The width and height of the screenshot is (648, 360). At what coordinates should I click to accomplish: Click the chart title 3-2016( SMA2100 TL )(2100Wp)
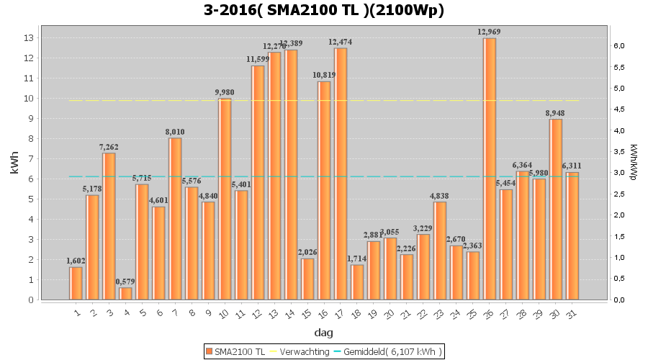click(324, 10)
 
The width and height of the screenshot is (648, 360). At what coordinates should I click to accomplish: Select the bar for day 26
click(490, 169)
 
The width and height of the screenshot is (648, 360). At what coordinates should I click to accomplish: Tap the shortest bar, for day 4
click(125, 294)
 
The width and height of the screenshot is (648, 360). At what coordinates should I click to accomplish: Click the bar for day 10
click(225, 199)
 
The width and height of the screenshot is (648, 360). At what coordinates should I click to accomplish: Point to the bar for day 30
click(556, 210)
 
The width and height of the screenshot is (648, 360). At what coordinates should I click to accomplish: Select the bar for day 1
click(76, 284)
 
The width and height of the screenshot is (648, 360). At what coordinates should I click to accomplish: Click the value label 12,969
click(490, 32)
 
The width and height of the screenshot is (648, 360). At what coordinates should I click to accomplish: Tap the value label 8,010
click(175, 132)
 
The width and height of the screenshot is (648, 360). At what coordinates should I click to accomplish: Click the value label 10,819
click(324, 75)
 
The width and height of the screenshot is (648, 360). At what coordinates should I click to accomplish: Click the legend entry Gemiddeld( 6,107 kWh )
click(389, 351)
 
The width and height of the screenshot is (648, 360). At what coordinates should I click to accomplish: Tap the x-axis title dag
click(323, 333)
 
